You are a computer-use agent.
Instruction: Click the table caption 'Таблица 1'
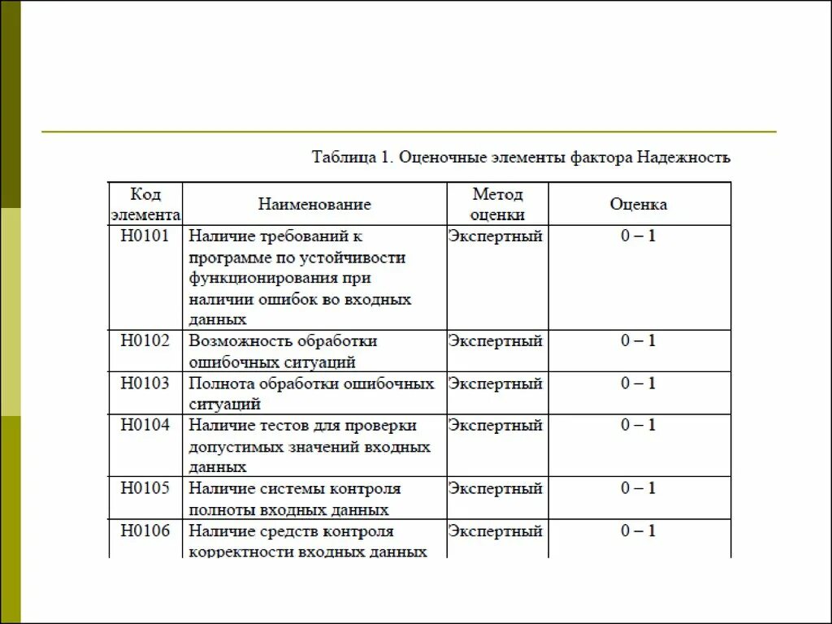pyautogui.click(x=349, y=158)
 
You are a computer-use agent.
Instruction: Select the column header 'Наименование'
pyautogui.click(x=314, y=204)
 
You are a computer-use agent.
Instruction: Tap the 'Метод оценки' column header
pyautogui.click(x=497, y=204)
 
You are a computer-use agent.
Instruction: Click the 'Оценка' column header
pyautogui.click(x=639, y=204)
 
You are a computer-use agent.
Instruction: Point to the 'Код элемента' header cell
pyautogui.click(x=145, y=204)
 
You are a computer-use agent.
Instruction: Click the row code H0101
pyautogui.click(x=145, y=236)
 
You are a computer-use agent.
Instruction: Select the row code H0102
pyautogui.click(x=145, y=340)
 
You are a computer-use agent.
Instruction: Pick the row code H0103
pyautogui.click(x=145, y=383)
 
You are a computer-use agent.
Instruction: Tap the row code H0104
pyautogui.click(x=145, y=425)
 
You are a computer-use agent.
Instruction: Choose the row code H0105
pyautogui.click(x=145, y=488)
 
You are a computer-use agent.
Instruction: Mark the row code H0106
pyautogui.click(x=145, y=531)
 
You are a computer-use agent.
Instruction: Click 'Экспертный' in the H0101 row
pyautogui.click(x=496, y=236)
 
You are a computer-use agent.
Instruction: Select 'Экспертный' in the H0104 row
pyautogui.click(x=496, y=425)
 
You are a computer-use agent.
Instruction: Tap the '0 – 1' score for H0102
pyautogui.click(x=639, y=340)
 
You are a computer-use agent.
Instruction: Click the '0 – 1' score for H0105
pyautogui.click(x=639, y=488)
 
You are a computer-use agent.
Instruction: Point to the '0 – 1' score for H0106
pyautogui.click(x=639, y=531)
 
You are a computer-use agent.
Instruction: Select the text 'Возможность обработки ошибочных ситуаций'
pyautogui.click(x=284, y=351)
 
